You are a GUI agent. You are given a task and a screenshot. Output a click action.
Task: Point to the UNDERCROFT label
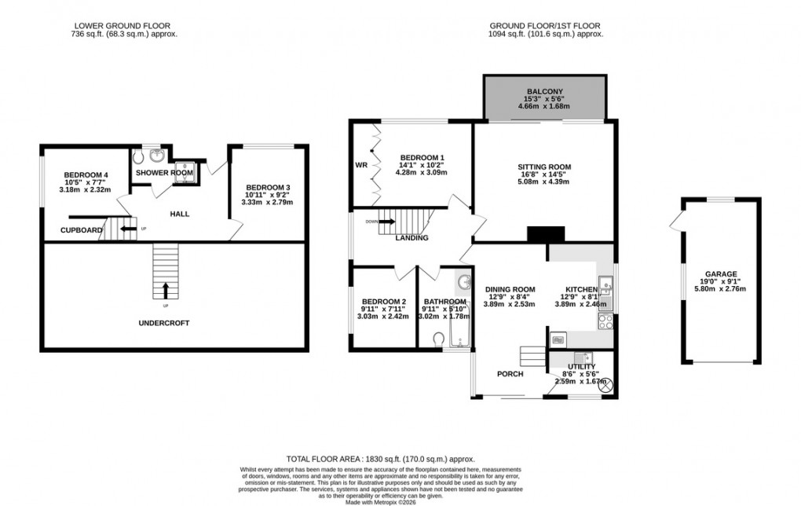coord(164,323)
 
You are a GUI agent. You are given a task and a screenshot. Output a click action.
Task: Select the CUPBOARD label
coord(81,230)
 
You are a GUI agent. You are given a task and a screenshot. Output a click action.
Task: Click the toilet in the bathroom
coord(439,339)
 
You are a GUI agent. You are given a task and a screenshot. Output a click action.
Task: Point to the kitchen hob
coord(606,321)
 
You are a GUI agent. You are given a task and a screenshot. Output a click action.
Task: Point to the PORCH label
coord(510,373)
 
